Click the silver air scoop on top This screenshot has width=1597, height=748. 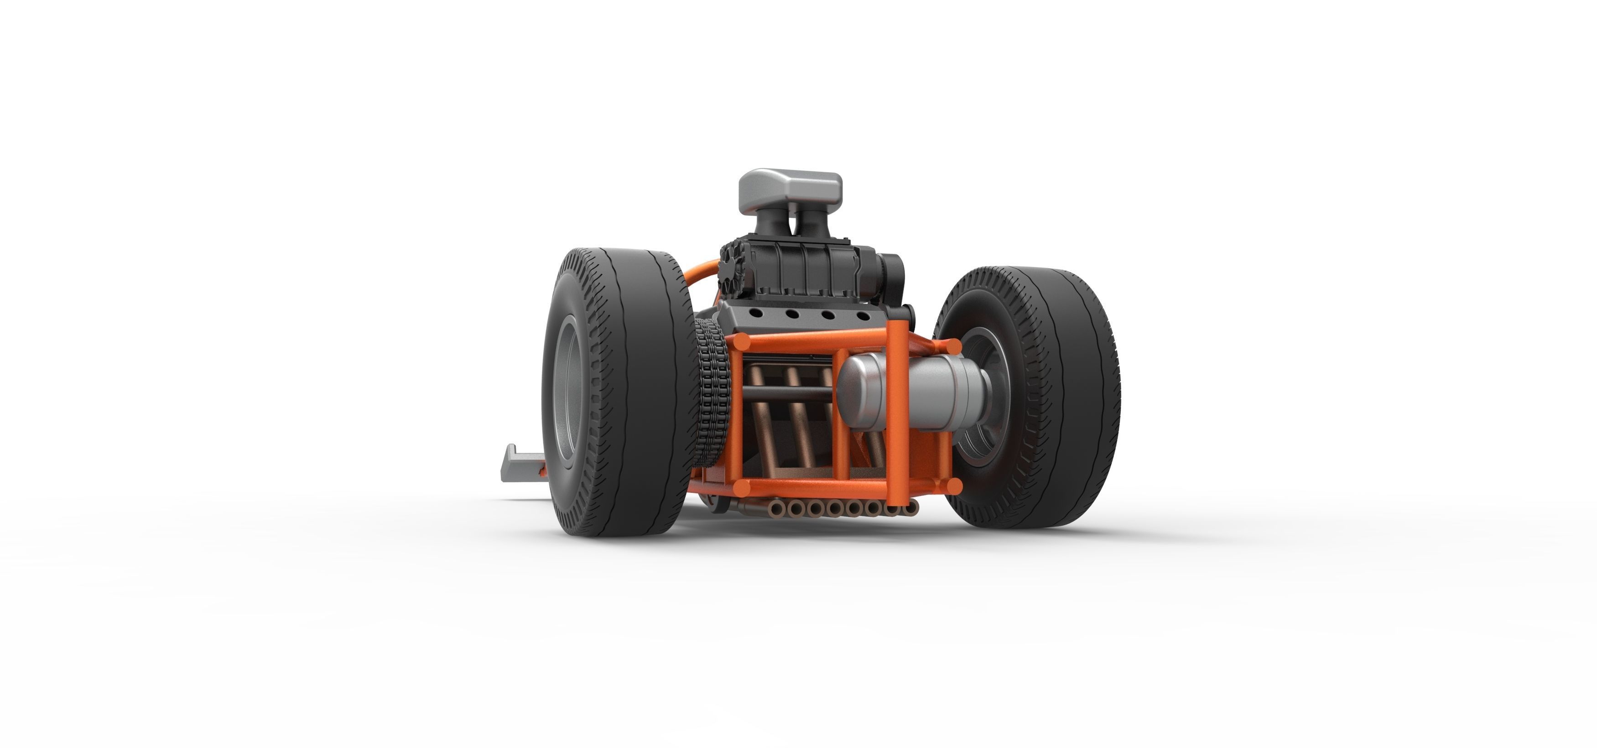[x=791, y=188]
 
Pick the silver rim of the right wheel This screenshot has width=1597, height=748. [x=986, y=397]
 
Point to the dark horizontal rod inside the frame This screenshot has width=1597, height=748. [x=787, y=393]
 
